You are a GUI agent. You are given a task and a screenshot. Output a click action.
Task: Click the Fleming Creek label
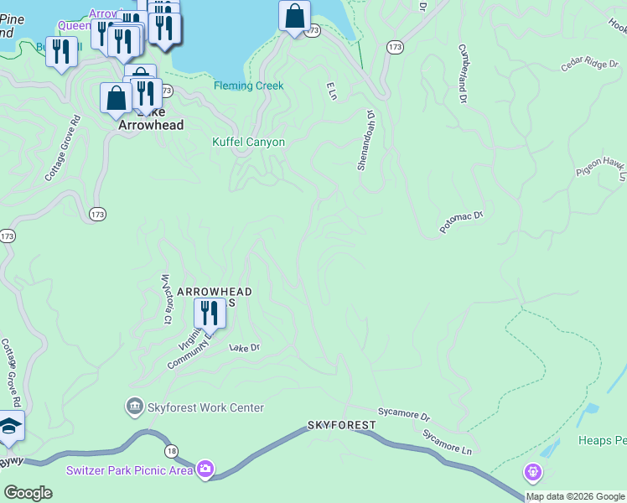[x=248, y=86]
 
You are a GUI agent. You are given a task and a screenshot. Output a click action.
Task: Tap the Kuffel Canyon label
[x=248, y=142]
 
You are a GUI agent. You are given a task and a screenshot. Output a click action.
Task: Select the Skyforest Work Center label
[x=205, y=408]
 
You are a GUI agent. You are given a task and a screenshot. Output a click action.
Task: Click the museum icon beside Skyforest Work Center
[x=134, y=408]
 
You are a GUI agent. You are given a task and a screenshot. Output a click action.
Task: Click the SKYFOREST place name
[x=341, y=426]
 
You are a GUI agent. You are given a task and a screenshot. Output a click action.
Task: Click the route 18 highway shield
[x=171, y=450]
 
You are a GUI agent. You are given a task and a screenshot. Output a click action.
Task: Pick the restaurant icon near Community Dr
[x=206, y=314]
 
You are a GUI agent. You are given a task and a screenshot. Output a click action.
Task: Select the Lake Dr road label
[x=245, y=347]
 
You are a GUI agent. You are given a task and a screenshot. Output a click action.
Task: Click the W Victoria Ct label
[x=166, y=298]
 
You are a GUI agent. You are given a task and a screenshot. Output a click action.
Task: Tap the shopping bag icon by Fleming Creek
[x=294, y=16]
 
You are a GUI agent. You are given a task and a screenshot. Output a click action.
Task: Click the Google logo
[x=28, y=493]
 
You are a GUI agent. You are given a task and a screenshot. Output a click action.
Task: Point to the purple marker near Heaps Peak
[x=533, y=472]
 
